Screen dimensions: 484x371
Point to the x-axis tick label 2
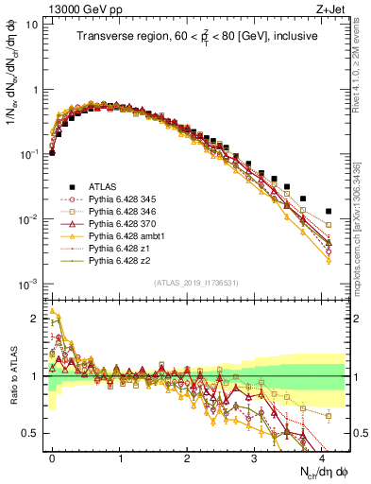(187, 457)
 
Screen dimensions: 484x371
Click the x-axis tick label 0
(53, 457)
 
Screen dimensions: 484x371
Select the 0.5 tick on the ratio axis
(32, 433)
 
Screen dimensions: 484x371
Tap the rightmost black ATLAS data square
(329, 211)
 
